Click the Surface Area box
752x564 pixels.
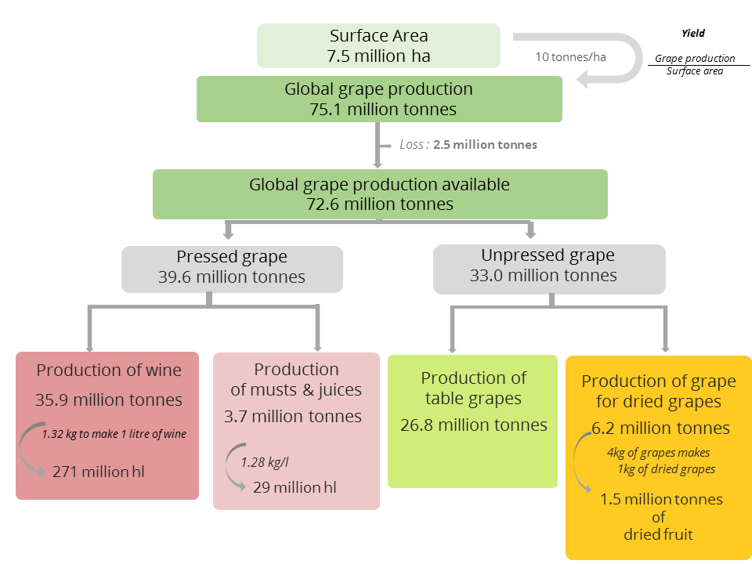(x=378, y=45)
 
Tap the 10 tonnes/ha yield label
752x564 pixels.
(x=570, y=57)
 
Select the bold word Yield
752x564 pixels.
(x=693, y=33)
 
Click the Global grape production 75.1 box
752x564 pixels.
(x=379, y=99)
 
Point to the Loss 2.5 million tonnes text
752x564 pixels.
(x=468, y=145)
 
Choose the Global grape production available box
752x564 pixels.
(x=380, y=194)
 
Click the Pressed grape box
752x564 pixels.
(x=232, y=269)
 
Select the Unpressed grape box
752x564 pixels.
(x=549, y=269)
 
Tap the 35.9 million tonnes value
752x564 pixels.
(x=109, y=399)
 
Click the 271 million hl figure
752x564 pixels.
(x=99, y=472)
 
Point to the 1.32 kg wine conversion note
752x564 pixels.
(x=114, y=434)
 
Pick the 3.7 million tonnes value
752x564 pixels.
(x=293, y=416)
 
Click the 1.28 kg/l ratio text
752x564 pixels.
(x=265, y=462)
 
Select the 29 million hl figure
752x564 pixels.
(x=295, y=487)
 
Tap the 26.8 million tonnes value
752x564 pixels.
(x=474, y=425)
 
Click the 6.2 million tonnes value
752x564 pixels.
(x=660, y=428)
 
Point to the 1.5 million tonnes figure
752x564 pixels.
(x=661, y=499)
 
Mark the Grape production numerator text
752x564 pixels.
(x=695, y=59)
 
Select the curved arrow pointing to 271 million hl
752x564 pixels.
(x=22, y=448)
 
